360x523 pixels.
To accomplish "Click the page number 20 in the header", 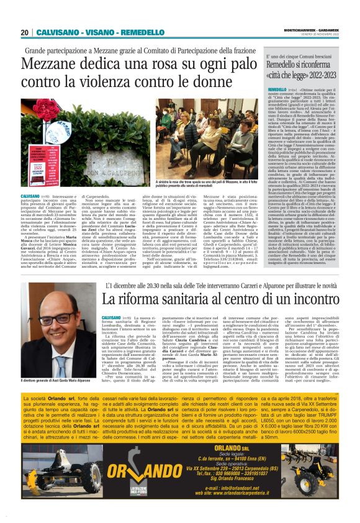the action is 25,32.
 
